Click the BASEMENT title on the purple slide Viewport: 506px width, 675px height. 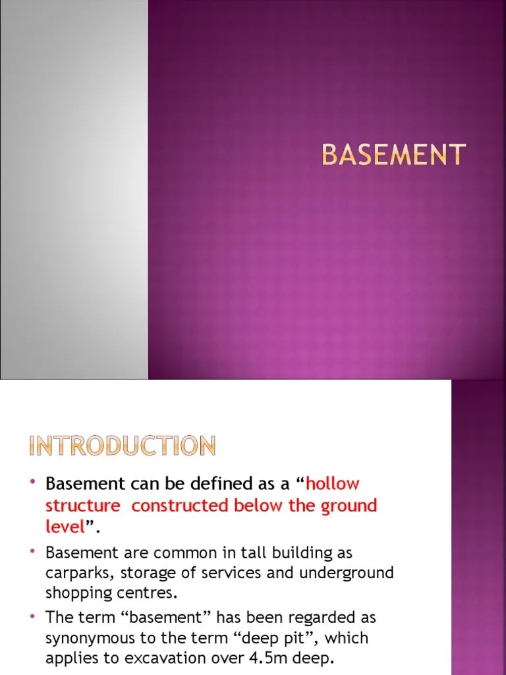(393, 155)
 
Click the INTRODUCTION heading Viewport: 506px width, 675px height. (123, 446)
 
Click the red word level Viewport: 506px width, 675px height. (65, 527)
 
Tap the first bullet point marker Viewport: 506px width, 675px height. (33, 483)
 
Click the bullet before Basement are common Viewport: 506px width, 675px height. (33, 550)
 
